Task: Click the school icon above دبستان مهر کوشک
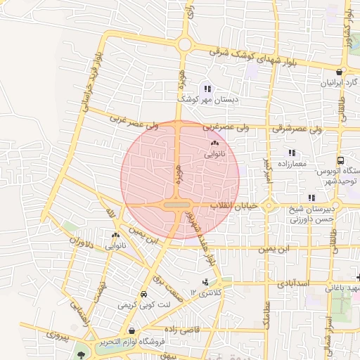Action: point(207,88)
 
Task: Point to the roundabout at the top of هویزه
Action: point(185,44)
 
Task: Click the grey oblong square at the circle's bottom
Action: point(176,205)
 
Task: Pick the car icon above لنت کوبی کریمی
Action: point(143,294)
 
